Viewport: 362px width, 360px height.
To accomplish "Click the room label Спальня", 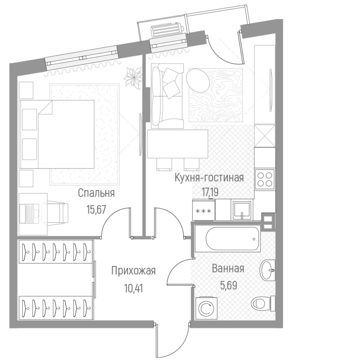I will (96, 193).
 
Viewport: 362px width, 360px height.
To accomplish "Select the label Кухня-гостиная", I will (209, 178).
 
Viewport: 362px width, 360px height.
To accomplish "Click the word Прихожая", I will (133, 271).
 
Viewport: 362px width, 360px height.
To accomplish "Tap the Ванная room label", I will (228, 269).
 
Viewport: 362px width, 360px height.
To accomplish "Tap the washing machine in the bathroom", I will (206, 308).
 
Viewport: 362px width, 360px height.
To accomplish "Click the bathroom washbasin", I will (267, 271).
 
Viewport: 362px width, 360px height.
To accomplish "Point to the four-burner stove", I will (265, 179).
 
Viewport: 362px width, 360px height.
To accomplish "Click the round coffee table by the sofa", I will (198, 80).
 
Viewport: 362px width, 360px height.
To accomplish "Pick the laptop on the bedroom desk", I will (32, 212).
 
